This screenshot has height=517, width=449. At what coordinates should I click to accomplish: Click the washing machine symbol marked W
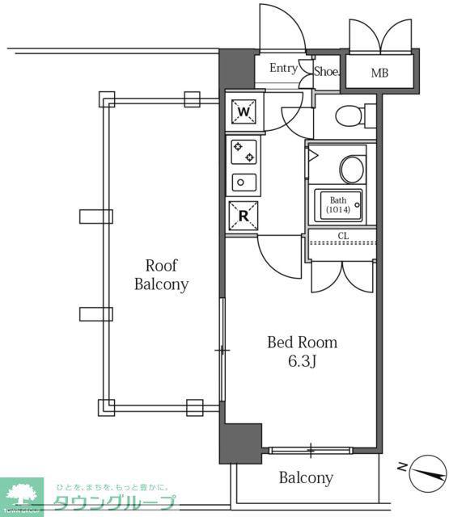coord(244,111)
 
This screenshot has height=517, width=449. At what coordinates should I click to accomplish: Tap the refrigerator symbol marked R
coord(244,216)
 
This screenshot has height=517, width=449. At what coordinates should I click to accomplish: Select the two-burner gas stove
coord(244,152)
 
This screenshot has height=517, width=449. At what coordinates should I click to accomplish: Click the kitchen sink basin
coord(244,183)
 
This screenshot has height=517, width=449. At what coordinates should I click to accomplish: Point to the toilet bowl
coord(349,116)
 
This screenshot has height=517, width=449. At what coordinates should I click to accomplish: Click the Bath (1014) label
coord(338,204)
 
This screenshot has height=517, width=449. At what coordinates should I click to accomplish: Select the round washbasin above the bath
coord(352,169)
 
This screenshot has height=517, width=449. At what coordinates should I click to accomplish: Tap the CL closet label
coord(343,236)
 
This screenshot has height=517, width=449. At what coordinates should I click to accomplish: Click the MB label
coord(379,73)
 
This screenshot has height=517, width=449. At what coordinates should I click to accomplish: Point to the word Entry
coord(284,68)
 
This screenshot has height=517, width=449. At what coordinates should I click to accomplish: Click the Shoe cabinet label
coord(326,71)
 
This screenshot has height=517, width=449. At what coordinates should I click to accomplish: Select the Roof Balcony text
coord(162,275)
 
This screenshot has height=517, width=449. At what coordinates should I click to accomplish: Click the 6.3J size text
coord(303,361)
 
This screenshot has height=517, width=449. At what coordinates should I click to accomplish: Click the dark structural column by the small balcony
coord(240,443)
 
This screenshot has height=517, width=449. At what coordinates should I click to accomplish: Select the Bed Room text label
coord(302,343)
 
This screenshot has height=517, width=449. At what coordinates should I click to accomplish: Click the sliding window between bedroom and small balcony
coord(311,451)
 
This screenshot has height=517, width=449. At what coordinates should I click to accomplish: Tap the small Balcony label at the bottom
coord(306,477)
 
